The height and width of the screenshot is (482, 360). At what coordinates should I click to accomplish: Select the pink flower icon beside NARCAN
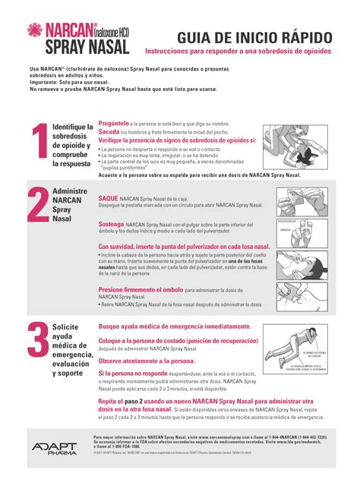point(34,30)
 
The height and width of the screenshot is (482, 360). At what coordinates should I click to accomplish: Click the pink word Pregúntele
point(114,122)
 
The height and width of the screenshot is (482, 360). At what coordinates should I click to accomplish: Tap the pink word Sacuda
point(109,131)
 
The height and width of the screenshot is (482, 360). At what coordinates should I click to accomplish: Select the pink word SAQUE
point(108,196)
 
